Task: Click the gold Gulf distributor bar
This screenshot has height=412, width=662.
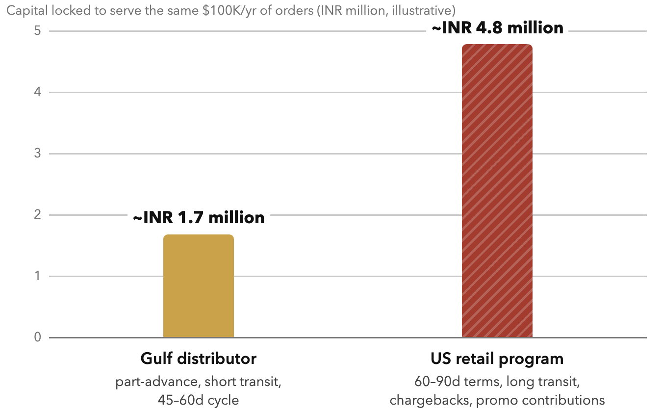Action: point(199,286)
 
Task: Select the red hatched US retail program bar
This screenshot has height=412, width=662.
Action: point(497,191)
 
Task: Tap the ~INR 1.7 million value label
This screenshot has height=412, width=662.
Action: point(199,218)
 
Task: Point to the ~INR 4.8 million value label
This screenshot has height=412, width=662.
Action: point(497,28)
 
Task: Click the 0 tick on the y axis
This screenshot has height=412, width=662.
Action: point(38,337)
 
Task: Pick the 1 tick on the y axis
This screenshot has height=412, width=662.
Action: point(38,276)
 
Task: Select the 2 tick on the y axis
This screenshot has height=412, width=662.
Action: point(38,215)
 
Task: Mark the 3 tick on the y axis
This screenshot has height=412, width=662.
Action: point(38,154)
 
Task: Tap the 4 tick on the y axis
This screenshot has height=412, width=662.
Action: point(38,92)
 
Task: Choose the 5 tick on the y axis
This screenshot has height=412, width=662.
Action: point(38,31)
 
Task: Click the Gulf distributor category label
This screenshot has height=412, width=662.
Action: point(199,359)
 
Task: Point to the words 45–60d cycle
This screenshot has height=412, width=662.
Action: point(198,400)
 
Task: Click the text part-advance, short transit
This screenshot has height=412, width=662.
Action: point(198,382)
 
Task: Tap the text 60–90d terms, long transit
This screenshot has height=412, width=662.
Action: point(497,382)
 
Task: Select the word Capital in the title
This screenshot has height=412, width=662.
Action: point(27,11)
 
